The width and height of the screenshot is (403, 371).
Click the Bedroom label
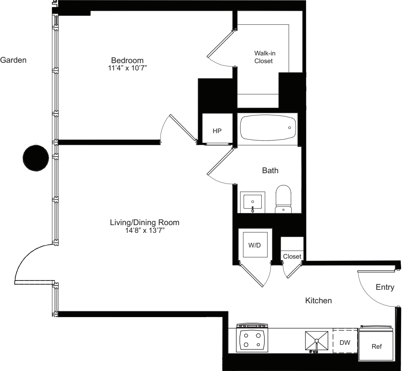tap(127, 60)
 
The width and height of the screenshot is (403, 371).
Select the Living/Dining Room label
tap(145, 222)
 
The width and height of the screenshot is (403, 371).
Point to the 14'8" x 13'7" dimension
tap(145, 231)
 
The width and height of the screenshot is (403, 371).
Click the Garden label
tap(13, 60)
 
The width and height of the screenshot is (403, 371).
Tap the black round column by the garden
tap(36, 158)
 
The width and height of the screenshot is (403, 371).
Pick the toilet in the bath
tap(284, 199)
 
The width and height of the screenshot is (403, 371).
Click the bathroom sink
tap(253, 201)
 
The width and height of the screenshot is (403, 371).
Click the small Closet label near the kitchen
tap(291, 256)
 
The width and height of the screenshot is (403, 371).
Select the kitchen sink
tap(316, 340)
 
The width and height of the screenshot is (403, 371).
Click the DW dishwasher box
tap(345, 341)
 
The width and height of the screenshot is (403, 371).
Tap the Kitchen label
tap(318, 301)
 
